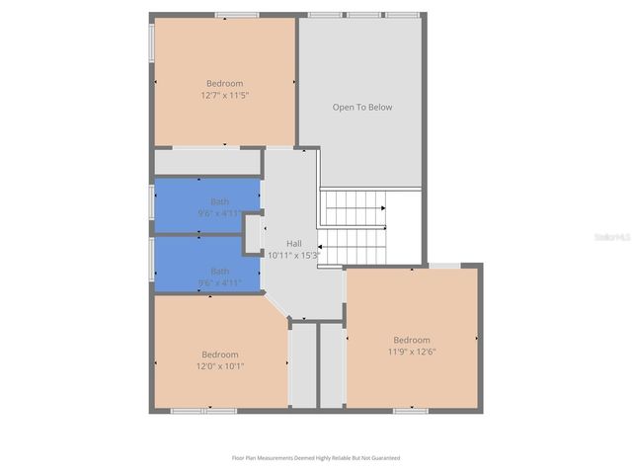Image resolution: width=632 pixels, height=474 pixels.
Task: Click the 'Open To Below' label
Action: click(x=361, y=107)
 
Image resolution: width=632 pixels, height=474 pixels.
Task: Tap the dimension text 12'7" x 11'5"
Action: click(x=224, y=96)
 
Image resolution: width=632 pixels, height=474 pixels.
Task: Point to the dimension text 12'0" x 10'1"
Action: click(x=220, y=366)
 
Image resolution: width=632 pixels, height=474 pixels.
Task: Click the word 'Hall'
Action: click(x=294, y=243)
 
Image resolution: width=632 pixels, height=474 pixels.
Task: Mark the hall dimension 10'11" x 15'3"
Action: click(x=294, y=255)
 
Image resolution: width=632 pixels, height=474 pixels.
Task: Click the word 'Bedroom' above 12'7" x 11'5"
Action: click(x=224, y=84)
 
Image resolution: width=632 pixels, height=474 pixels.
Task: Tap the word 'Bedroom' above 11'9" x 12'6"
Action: click(x=412, y=340)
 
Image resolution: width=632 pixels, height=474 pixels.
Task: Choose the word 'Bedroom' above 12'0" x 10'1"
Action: click(x=220, y=355)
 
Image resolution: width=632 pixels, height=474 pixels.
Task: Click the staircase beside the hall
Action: click(x=355, y=227)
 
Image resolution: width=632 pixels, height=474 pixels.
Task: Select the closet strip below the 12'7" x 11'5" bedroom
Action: click(x=207, y=161)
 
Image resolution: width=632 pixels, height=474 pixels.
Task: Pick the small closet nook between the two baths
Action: click(x=253, y=235)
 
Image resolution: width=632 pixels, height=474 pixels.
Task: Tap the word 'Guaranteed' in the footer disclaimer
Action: click(x=383, y=458)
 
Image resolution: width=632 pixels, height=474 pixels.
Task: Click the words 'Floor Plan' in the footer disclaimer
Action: click(x=247, y=458)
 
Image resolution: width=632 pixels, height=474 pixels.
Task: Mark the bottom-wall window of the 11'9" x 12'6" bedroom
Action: click(x=409, y=410)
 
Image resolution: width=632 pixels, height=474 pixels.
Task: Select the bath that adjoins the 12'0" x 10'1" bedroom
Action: click(x=206, y=265)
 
